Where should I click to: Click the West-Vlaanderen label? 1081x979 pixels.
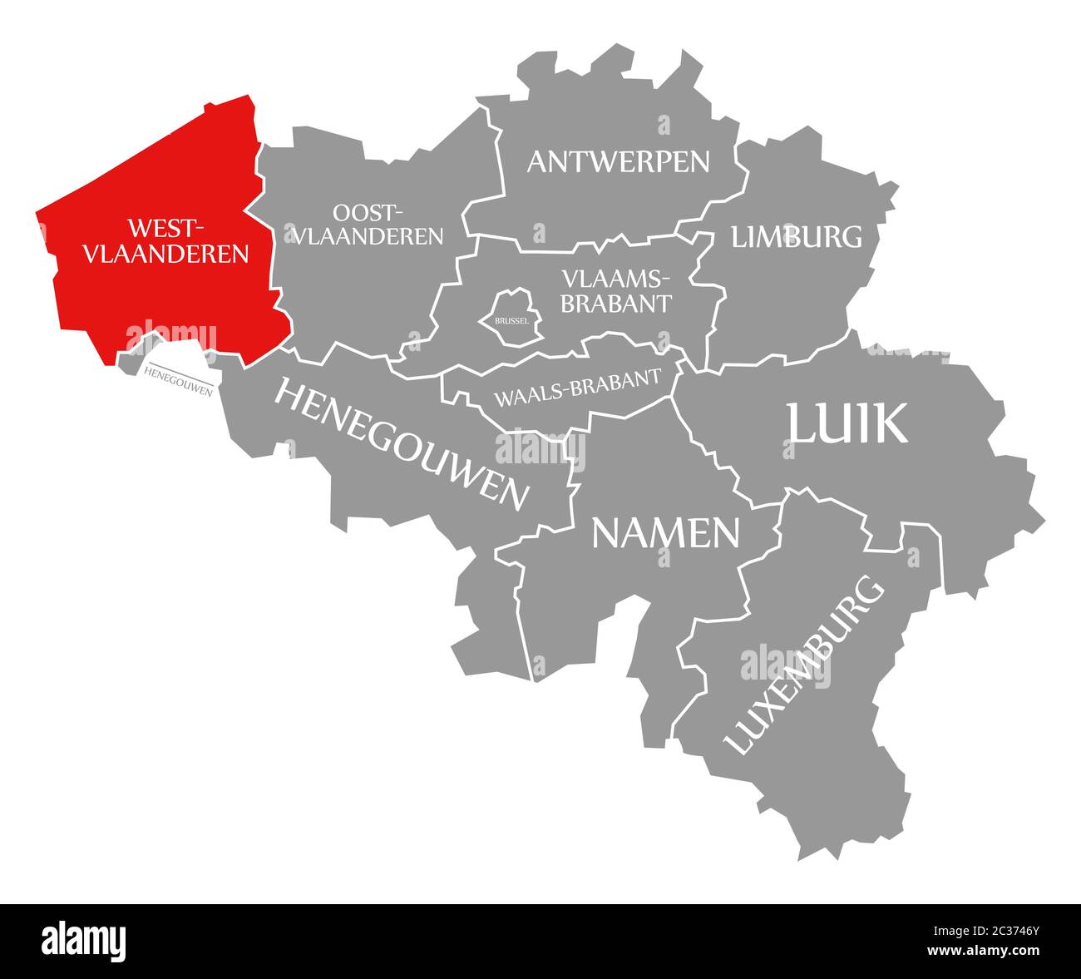tap(165, 240)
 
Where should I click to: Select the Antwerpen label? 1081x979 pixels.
tap(618, 161)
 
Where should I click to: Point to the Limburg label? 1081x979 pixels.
tap(796, 237)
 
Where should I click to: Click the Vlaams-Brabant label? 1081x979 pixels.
tap(615, 290)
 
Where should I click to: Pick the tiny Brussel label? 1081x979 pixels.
tap(510, 319)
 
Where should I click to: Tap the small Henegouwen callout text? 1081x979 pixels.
tap(177, 380)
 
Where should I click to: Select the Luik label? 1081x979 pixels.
tap(847, 423)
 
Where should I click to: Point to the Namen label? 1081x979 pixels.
tap(665, 533)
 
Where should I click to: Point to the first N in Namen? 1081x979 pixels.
tap(608, 533)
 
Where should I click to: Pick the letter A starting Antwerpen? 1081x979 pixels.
tap(538, 161)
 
